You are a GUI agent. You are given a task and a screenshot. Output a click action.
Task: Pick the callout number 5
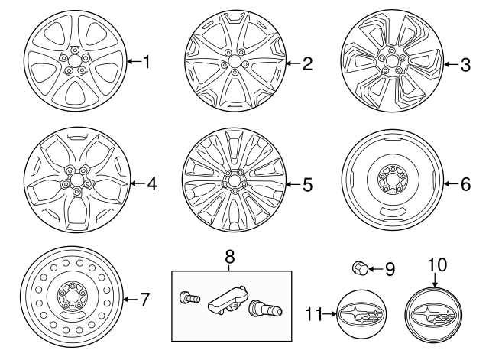pos(307,184)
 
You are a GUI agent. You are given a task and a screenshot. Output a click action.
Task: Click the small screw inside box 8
pos(186,298)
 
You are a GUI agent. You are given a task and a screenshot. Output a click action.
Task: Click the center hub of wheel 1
pos(75,61)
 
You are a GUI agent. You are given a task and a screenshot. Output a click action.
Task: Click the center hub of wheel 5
pos(233,183)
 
